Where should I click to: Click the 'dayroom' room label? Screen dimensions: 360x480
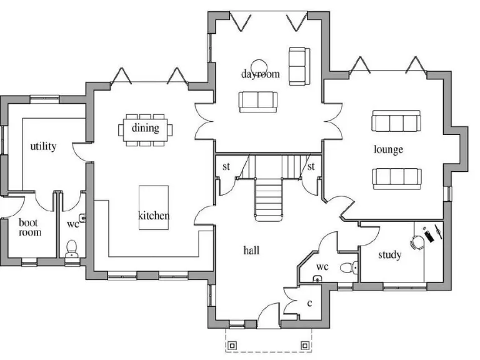[x=261, y=74]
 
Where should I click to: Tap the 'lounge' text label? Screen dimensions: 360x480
[x=388, y=149]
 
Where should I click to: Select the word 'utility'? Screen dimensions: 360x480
[x=43, y=146]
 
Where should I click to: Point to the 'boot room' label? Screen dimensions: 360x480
[x=29, y=227]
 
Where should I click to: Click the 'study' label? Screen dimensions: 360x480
[x=389, y=255]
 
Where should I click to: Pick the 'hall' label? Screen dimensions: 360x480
[x=251, y=251]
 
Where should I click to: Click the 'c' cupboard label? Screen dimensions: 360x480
[x=309, y=303]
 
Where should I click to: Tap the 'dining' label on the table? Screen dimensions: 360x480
[x=145, y=128]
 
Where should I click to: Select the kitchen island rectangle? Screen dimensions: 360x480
[x=154, y=207]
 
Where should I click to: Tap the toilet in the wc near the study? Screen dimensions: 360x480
[x=347, y=268]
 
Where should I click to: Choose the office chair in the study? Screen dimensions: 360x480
[x=417, y=241]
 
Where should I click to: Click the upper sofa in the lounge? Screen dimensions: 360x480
[x=396, y=121]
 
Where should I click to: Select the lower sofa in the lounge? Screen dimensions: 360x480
[x=396, y=177]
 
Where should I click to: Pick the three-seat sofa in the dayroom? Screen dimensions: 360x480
[x=257, y=101]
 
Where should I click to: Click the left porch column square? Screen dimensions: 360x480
[x=232, y=344]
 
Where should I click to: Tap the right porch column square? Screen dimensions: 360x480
[x=305, y=344]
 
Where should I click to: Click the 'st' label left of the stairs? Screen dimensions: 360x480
[x=226, y=167]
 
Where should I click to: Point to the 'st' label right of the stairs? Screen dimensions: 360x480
[x=310, y=167]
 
